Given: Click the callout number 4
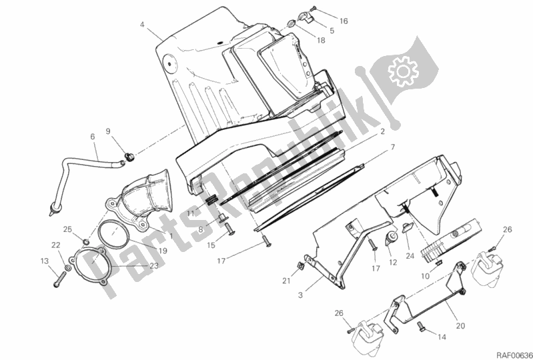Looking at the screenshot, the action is [x=142, y=25].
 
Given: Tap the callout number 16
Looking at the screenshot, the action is [x=344, y=21].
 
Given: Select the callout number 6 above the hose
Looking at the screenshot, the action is [x=93, y=137].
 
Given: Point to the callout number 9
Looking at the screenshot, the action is [x=108, y=131].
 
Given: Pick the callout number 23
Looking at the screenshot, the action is [x=154, y=265].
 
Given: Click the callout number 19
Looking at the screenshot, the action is [x=163, y=251].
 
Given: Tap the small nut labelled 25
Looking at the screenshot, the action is [x=86, y=241].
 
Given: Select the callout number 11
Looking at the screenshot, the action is [x=190, y=213].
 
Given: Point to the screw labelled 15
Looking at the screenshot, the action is [x=227, y=229].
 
